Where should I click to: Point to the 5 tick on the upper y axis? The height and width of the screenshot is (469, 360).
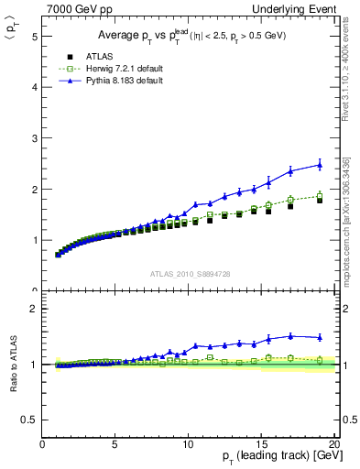[x=35, y=37]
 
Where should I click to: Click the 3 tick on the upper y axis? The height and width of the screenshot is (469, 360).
[x=35, y=138]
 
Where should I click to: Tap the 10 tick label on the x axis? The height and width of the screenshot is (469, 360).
[x=188, y=443]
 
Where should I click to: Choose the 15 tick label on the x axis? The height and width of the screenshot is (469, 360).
[x=261, y=443]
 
